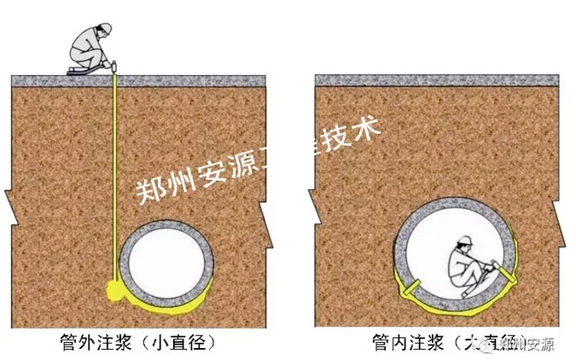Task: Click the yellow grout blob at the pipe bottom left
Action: click(x=113, y=291)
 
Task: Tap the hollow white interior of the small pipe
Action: click(x=166, y=261)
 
